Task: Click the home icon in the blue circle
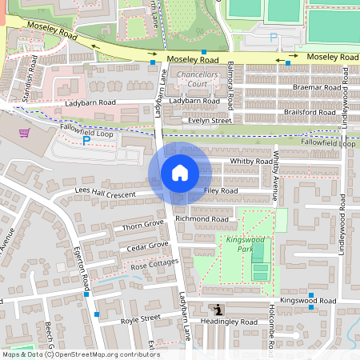pyautogui.click(x=180, y=172)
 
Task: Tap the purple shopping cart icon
pyautogui.click(x=25, y=133)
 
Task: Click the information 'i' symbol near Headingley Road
pyautogui.click(x=217, y=310)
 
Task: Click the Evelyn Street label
pyautogui.click(x=210, y=120)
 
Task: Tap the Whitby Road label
pyautogui.click(x=251, y=161)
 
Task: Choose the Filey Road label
pyautogui.click(x=221, y=191)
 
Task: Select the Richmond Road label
pyautogui.click(x=202, y=218)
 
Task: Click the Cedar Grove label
pyautogui.click(x=148, y=246)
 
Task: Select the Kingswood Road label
pyautogui.click(x=315, y=301)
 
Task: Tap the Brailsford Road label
pyautogui.click(x=310, y=113)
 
